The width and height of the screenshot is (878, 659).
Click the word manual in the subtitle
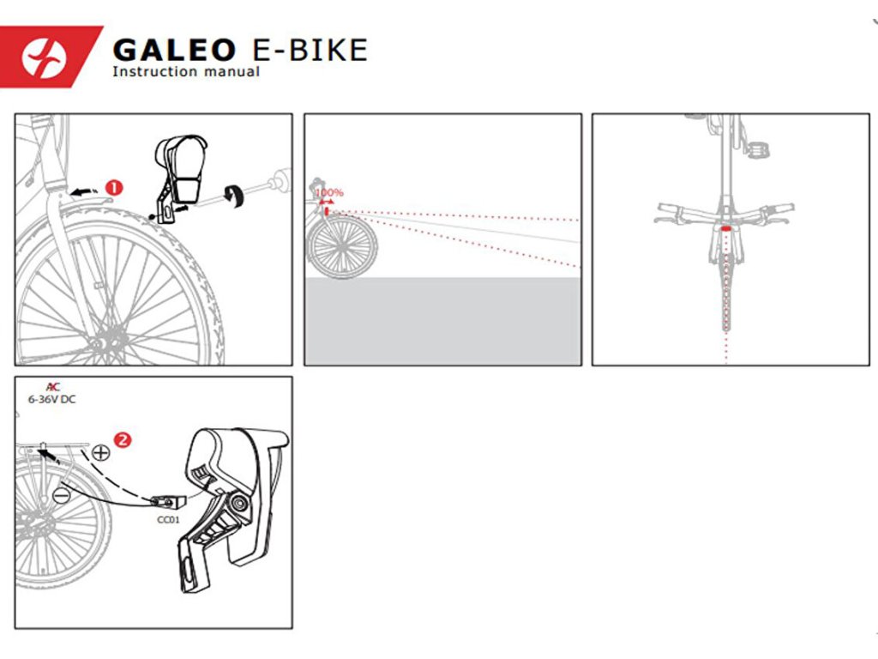[x=232, y=72]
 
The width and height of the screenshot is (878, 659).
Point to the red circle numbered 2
[x=123, y=440]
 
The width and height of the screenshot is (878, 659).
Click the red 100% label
[x=328, y=192]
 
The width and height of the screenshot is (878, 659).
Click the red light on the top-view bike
[x=726, y=230]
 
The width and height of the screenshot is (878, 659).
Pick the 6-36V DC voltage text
[x=64, y=399]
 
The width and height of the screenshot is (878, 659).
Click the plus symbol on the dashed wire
[x=101, y=452]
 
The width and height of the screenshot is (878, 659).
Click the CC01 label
[x=168, y=518]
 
